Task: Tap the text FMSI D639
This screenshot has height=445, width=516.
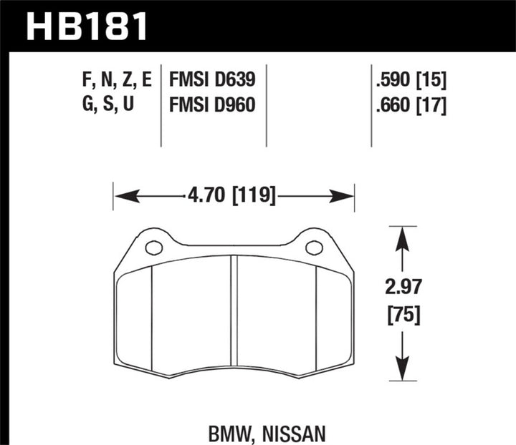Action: (211, 79)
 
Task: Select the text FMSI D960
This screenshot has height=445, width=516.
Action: (211, 106)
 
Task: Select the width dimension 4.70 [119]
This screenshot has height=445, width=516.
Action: (233, 194)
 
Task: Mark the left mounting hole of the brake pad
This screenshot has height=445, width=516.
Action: (153, 248)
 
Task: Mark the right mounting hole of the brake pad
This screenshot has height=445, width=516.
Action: (314, 248)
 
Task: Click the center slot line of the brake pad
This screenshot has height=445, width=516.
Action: (233, 315)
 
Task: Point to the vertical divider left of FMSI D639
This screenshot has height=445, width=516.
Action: (161, 100)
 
